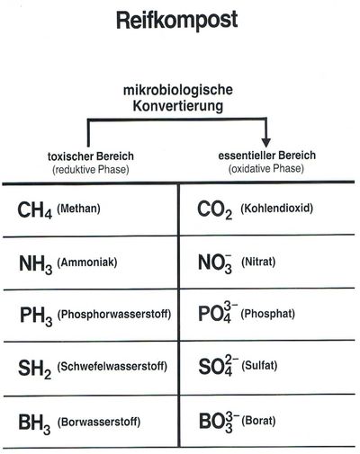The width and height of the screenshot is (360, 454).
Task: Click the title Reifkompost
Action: [177, 21]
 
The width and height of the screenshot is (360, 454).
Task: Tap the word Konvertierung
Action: [178, 106]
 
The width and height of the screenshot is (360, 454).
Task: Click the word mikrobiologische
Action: [178, 90]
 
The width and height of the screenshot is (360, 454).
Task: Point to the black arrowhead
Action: [266, 142]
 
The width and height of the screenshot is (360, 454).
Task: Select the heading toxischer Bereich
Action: [91, 156]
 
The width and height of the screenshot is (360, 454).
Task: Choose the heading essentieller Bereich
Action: [267, 156]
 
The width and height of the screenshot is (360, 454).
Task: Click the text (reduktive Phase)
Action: [91, 170]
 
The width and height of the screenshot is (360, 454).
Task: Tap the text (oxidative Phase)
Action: [266, 168]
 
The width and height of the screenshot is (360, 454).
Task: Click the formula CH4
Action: [35, 209]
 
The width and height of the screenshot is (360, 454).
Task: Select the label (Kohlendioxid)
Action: [276, 208]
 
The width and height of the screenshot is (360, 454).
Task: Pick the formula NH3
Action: [35, 264]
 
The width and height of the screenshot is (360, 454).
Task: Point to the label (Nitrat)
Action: [258, 263]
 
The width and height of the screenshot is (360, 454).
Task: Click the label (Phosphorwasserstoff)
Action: [114, 315]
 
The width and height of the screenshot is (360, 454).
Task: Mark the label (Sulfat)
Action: [259, 366]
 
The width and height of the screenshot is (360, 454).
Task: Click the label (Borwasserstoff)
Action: [99, 423]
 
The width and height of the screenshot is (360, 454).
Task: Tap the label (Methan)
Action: [78, 209]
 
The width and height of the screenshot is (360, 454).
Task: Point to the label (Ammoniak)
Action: [87, 263]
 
